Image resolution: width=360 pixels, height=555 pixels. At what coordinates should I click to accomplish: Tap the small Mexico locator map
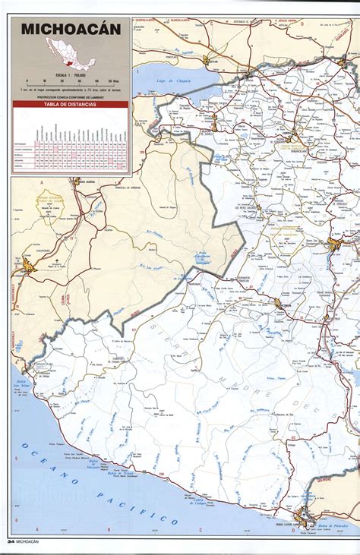tap(70, 60)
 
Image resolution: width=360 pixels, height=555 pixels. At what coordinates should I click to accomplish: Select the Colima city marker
tap(30, 266)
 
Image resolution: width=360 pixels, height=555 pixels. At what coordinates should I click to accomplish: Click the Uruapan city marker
tap(278, 303)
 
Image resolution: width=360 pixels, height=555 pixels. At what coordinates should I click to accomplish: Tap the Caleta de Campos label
tap(199, 502)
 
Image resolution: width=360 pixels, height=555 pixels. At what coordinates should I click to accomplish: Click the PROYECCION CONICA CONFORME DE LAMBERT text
tap(70, 97)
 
